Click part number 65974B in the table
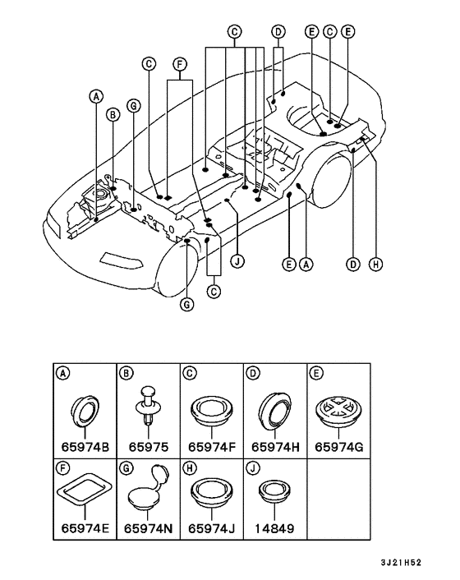[x=85, y=447]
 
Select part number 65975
[x=149, y=447]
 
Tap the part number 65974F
[x=211, y=447]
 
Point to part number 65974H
[x=275, y=447]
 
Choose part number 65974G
[x=338, y=447]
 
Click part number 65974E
[x=85, y=528]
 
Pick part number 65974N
[x=148, y=528]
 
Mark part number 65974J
[x=211, y=528]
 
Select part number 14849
[x=274, y=528]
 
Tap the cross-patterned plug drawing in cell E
[x=338, y=409]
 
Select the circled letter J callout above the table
[x=237, y=262]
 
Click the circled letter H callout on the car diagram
[x=375, y=264]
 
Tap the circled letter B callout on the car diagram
[x=113, y=115]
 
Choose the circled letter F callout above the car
[x=180, y=64]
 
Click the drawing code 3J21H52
[x=401, y=563]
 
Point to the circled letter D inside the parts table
[x=252, y=373]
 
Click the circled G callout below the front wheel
[x=187, y=305]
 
